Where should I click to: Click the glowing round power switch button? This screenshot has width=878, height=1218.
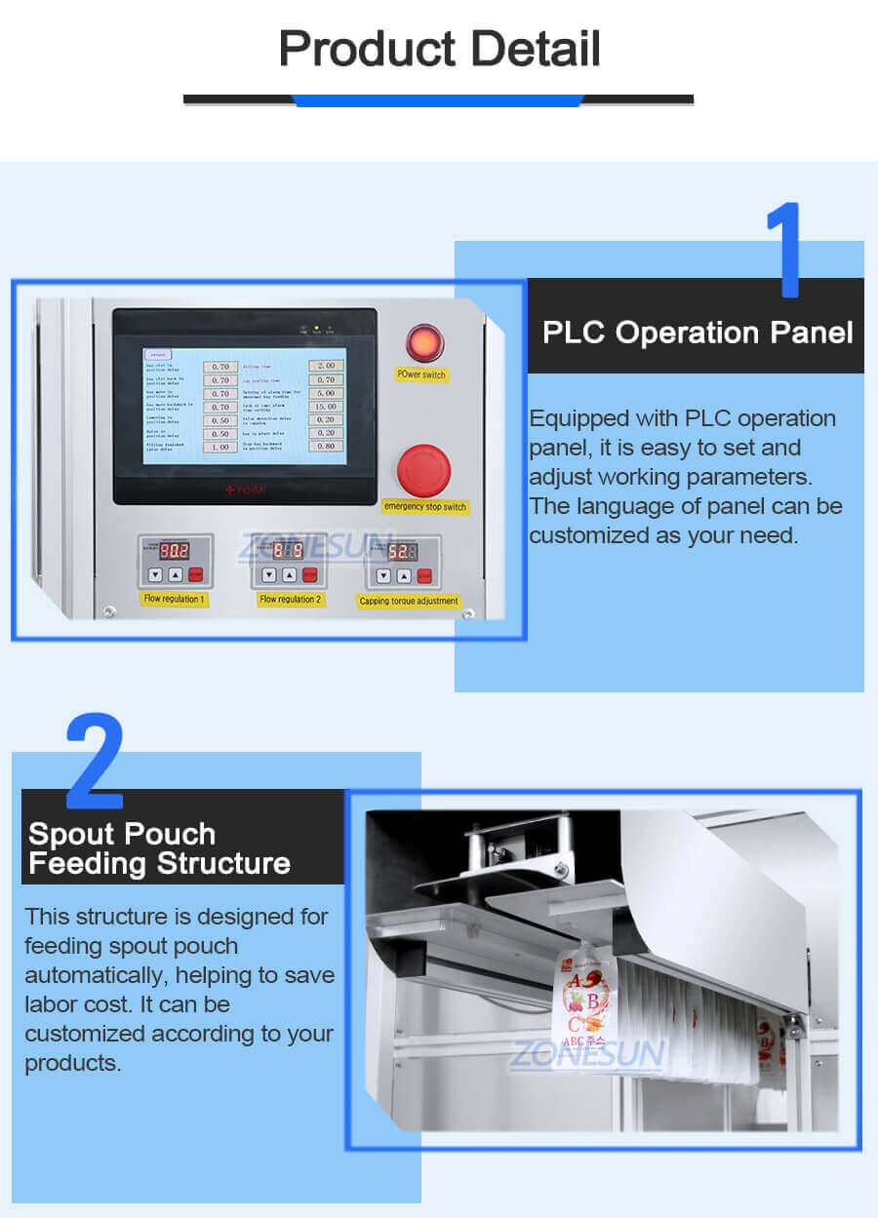[x=424, y=343]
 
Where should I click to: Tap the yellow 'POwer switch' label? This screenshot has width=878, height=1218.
[x=422, y=374]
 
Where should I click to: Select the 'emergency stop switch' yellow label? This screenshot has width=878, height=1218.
[x=424, y=506]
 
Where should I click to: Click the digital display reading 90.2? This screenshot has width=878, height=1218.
[x=174, y=550]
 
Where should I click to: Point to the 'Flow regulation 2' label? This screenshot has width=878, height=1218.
[x=290, y=599]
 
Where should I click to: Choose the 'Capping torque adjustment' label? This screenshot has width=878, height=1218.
[x=409, y=601]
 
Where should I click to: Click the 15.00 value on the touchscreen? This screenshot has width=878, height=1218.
[x=325, y=406]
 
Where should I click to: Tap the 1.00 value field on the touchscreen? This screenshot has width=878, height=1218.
[x=220, y=447]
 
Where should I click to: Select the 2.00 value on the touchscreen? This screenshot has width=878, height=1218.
[x=325, y=366]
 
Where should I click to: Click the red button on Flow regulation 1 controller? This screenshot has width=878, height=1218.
[x=196, y=574]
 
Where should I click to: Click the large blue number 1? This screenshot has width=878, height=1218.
[x=784, y=250]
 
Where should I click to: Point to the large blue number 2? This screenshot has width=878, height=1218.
[x=94, y=761]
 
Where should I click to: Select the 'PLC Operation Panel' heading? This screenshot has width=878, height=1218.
[x=697, y=333]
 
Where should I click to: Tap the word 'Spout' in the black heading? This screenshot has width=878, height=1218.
[x=71, y=834]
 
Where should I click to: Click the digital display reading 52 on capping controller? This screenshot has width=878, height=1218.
[x=400, y=551]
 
